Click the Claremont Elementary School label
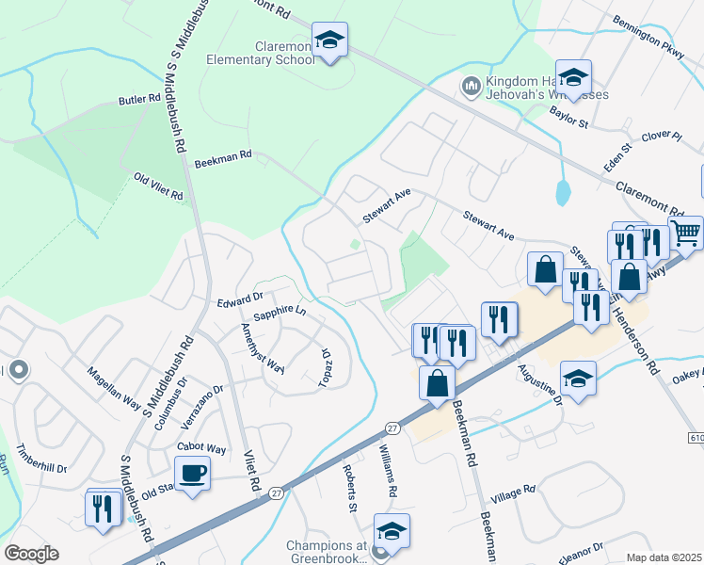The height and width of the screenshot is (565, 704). pos(285,53)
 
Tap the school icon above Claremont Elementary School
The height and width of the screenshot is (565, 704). pos(329,40)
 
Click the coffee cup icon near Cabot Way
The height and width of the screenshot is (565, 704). pos(192,473)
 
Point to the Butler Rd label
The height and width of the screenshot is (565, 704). pos(139,99)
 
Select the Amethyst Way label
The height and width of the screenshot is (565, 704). pos(263,347)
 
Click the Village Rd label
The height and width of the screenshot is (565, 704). pos(517,492)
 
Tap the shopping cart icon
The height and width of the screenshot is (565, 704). pos(686,233)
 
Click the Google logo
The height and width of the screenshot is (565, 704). pos(31,553)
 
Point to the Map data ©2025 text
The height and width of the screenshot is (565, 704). pos(664,557)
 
